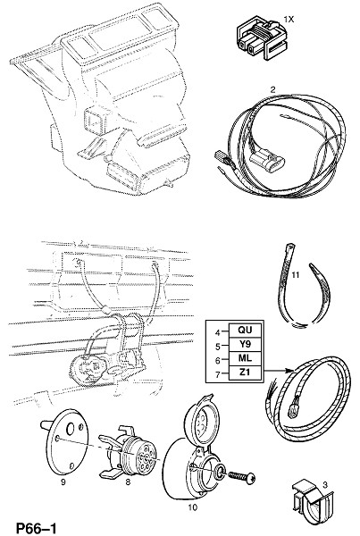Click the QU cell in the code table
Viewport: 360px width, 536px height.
point(245,331)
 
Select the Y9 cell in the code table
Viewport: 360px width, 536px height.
point(245,344)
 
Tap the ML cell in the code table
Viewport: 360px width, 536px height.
point(245,358)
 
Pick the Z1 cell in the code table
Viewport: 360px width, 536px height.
point(245,373)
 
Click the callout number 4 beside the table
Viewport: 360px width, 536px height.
point(218,332)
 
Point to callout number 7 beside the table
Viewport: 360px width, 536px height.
point(218,374)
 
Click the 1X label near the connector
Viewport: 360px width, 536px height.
point(289,20)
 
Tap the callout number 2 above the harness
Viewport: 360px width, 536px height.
point(272,90)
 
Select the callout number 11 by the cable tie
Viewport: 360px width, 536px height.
point(296,274)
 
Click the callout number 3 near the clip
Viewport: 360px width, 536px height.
point(325,484)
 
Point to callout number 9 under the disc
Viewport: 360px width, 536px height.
point(63,482)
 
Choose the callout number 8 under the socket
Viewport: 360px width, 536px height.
point(128,482)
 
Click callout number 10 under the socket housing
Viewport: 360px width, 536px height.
point(193,507)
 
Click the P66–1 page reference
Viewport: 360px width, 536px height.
point(37,528)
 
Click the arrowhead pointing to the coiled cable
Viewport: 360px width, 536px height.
point(290,371)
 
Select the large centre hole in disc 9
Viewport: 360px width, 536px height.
point(71,430)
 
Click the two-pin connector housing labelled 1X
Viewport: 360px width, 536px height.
point(264,39)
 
